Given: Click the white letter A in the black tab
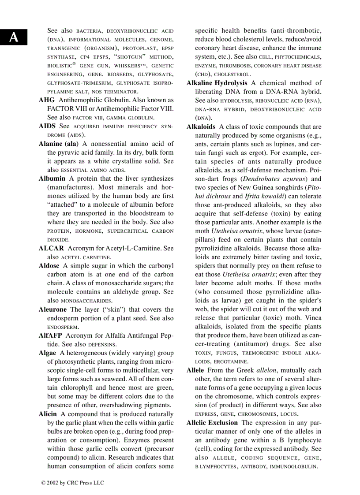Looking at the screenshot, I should pos(14,37).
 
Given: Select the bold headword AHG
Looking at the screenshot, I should pos(47,100).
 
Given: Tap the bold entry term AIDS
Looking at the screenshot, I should pos(47,127).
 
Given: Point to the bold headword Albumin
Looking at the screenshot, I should pos(52,179).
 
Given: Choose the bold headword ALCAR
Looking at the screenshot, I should pos(51,248).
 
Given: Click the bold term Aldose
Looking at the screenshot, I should pos(49,266).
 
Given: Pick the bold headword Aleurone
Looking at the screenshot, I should pos(53,309).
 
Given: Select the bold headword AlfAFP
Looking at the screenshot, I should pos(50,335).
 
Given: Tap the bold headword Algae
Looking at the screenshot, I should pos(48,353).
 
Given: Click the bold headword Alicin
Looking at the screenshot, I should pos(48,414).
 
